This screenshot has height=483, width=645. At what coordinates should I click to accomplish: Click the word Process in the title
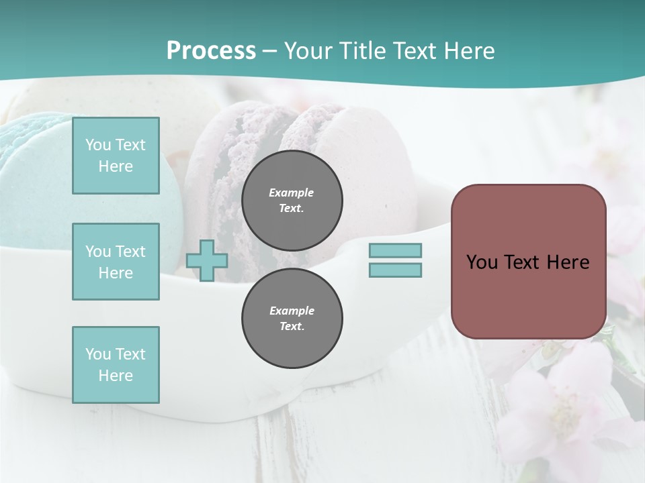click(211, 50)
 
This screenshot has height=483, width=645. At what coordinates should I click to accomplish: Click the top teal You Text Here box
click(116, 156)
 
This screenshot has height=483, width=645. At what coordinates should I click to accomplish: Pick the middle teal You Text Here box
click(116, 262)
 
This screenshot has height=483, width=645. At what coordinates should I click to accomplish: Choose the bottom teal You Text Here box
click(116, 365)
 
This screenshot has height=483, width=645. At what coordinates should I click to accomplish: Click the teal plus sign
click(207, 260)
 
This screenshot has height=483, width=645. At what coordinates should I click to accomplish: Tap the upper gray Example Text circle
click(292, 201)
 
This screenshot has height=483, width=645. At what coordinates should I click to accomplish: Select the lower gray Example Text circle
click(292, 319)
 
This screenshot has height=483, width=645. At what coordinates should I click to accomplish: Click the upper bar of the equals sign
click(395, 251)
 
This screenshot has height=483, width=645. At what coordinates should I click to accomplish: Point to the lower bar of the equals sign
click(395, 270)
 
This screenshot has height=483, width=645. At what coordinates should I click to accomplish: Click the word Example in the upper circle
click(292, 193)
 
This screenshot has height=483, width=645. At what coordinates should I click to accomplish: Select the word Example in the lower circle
click(292, 311)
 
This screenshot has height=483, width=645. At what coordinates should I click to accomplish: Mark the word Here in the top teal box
click(116, 166)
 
